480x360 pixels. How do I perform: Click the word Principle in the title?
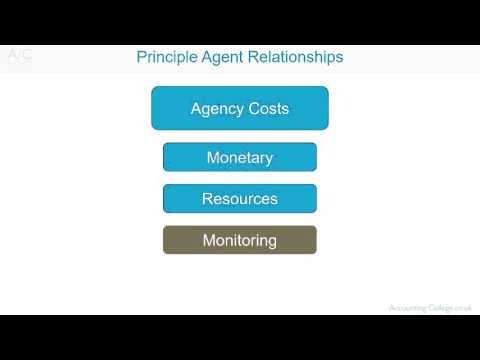tap(166, 57)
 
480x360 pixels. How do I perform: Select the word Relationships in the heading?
tap(297, 57)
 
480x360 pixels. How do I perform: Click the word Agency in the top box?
tap(215, 108)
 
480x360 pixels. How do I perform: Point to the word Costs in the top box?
tap(267, 108)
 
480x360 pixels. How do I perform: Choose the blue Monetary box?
tap(240, 157)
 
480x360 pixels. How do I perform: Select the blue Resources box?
tap(240, 199)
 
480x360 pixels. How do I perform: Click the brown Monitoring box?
tap(240, 240)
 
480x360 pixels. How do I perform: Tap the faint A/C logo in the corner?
tap(20, 56)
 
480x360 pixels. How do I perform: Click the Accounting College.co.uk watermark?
tap(430, 308)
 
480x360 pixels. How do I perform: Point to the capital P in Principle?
tap(141, 57)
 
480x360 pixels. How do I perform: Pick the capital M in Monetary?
tap(212, 157)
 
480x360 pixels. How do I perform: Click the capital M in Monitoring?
tap(208, 240)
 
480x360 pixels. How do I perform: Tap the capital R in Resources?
tap(207, 199)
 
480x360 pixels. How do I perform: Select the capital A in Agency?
tap(196, 108)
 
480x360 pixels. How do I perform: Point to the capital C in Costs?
tap(251, 108)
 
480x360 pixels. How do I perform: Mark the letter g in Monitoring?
tap(271, 241)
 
